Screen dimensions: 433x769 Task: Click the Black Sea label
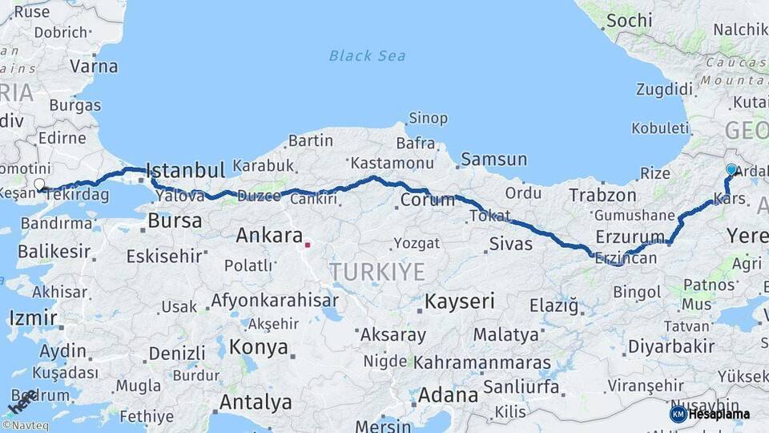(367, 56)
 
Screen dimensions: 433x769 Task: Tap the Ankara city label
(268, 236)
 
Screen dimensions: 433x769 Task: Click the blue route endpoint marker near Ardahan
(731, 170)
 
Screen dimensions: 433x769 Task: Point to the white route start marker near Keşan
(39, 184)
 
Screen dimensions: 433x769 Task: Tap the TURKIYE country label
(376, 271)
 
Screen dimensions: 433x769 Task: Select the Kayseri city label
(459, 302)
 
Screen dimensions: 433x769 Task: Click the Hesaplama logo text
(719, 415)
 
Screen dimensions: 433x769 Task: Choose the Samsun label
(494, 160)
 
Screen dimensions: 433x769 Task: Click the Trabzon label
(602, 195)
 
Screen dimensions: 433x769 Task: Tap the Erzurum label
(630, 237)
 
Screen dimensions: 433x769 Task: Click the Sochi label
(629, 21)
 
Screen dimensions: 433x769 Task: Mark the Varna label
(94, 67)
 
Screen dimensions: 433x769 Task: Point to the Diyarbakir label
(670, 346)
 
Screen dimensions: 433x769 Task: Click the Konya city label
(258, 347)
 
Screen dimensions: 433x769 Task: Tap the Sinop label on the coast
(428, 119)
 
